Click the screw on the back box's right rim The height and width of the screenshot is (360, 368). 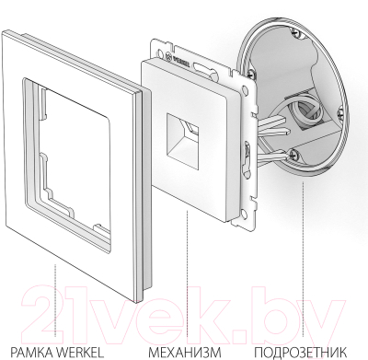click(345, 123)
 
